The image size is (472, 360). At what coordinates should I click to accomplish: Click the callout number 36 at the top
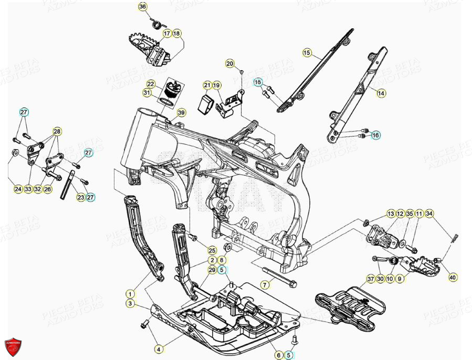(143, 6)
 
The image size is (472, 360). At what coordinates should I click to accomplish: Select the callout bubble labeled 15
(307, 52)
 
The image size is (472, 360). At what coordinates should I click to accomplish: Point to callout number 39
(181, 113)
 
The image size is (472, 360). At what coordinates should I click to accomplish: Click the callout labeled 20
(229, 63)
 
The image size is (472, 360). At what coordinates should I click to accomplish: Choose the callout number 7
(265, 284)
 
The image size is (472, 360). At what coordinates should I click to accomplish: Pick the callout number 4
(158, 348)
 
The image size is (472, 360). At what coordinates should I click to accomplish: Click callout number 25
(212, 250)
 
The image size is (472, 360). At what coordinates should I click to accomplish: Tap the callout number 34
(444, 214)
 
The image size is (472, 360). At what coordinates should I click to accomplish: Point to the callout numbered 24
(18, 189)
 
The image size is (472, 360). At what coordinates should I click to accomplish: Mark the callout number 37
(371, 279)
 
